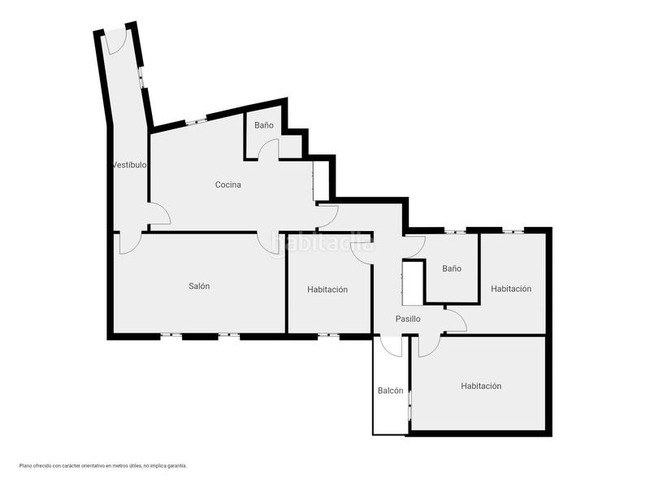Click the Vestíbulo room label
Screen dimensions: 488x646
(x=129, y=165)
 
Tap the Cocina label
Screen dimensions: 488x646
(x=228, y=185)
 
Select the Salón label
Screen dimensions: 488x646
(x=199, y=285)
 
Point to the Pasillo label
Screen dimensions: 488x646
(x=408, y=319)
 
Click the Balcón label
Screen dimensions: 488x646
(x=390, y=390)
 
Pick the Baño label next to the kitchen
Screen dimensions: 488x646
(x=263, y=125)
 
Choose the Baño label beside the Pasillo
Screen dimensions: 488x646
(x=452, y=268)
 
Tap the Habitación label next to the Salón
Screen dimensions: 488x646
(x=327, y=290)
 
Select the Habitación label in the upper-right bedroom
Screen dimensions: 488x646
(x=511, y=289)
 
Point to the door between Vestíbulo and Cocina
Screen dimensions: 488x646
(x=158, y=213)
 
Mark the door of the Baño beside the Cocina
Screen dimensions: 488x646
(x=268, y=150)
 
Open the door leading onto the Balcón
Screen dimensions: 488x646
(x=391, y=345)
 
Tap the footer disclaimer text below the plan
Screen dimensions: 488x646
(x=103, y=466)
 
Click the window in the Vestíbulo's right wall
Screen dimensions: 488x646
(x=142, y=77)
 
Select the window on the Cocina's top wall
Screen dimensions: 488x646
(x=196, y=121)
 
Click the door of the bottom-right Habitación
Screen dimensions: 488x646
(x=428, y=346)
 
